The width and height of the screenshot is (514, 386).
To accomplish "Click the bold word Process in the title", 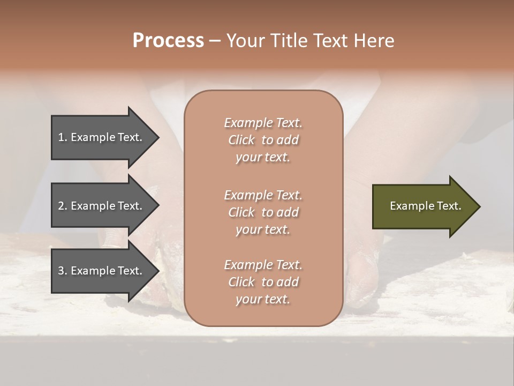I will tap(168, 41).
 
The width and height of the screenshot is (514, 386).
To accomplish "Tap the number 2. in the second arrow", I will tap(63, 206).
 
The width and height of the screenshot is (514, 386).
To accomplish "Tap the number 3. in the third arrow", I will tap(63, 271).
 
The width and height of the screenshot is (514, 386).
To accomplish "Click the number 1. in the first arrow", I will tap(63, 137).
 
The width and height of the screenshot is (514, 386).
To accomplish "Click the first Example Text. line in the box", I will tap(263, 123).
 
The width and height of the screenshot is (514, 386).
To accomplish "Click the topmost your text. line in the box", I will tap(263, 158).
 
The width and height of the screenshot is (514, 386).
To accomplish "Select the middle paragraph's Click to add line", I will tap(263, 212).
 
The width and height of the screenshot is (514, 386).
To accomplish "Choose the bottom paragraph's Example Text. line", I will tap(263, 265).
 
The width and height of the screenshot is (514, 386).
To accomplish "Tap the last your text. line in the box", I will tap(263, 300).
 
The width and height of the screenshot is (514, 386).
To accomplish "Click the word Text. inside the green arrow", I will tap(447, 206).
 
